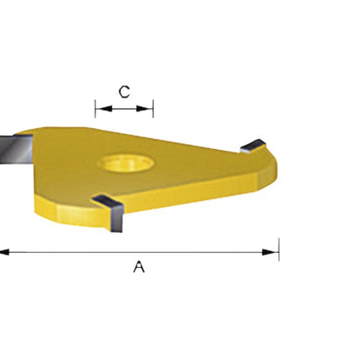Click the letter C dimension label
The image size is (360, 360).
pyautogui.click(x=124, y=92)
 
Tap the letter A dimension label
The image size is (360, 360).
pyautogui.click(x=139, y=267)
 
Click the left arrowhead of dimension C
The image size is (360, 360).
pyautogui.click(x=100, y=107)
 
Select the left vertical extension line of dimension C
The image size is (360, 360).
pyautogui.click(x=95, y=108)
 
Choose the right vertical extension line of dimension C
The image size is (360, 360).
pyautogui.click(x=153, y=108)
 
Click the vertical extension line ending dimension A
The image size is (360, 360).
pyautogui.click(x=279, y=249)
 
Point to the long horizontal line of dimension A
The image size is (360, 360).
pyautogui.click(x=134, y=250)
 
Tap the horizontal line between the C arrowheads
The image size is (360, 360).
pyautogui.click(x=124, y=107)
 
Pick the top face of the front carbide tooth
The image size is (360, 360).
pyautogui.click(x=106, y=201)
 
